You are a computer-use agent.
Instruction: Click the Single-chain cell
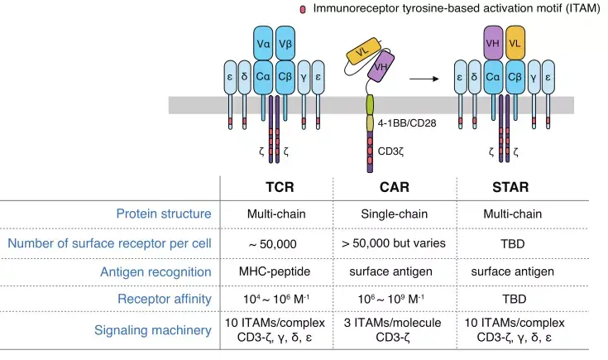tap(392, 214)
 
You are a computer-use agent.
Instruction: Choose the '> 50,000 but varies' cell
tap(392, 243)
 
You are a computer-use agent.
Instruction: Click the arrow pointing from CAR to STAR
tap(424, 79)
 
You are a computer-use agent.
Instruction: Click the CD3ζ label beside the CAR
tap(394, 152)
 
